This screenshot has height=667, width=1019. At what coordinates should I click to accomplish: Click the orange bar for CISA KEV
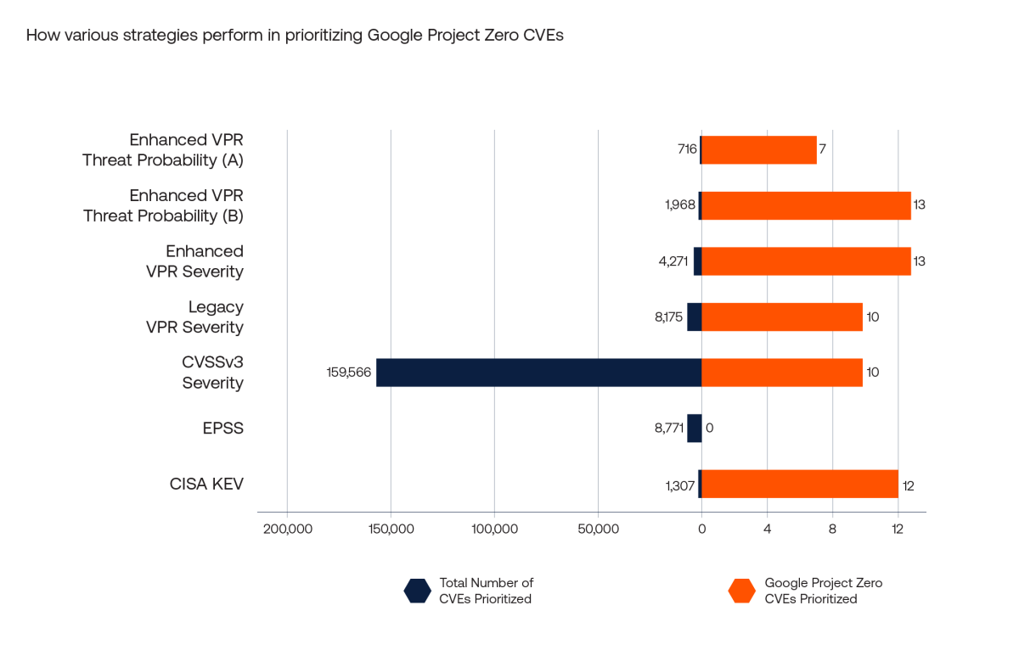click(799, 484)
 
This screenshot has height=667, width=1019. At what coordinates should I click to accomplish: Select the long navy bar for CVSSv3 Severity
click(538, 373)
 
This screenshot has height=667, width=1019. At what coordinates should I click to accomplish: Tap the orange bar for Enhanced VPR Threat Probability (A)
click(758, 150)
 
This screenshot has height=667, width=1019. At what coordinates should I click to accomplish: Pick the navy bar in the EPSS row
click(694, 428)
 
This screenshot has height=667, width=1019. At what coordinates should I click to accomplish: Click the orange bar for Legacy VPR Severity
click(781, 317)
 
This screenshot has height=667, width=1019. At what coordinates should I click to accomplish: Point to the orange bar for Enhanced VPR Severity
click(806, 261)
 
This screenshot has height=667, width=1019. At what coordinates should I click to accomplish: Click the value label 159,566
click(348, 373)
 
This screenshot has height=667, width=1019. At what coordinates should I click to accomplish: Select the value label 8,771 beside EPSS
click(664, 428)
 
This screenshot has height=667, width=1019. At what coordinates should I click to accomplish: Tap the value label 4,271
click(673, 261)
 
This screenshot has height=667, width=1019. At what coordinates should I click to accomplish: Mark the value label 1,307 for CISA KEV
click(678, 485)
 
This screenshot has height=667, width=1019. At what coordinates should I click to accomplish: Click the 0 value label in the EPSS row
click(709, 428)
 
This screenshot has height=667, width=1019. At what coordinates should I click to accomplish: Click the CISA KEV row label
click(206, 485)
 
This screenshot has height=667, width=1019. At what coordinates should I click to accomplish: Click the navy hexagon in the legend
click(417, 591)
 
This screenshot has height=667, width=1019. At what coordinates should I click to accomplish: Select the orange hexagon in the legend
click(742, 591)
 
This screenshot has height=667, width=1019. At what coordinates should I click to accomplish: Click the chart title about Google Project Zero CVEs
click(295, 36)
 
